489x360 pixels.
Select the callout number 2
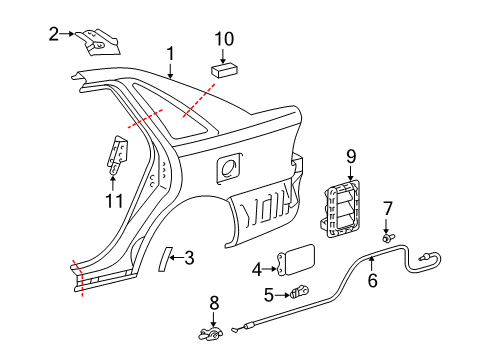click(53, 34)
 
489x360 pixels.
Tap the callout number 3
click(189, 258)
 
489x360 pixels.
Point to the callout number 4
click(256, 268)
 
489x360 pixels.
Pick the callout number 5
click(268, 294)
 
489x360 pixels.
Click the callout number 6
click(372, 282)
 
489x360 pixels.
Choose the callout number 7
click(388, 208)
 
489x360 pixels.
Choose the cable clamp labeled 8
click(212, 332)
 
